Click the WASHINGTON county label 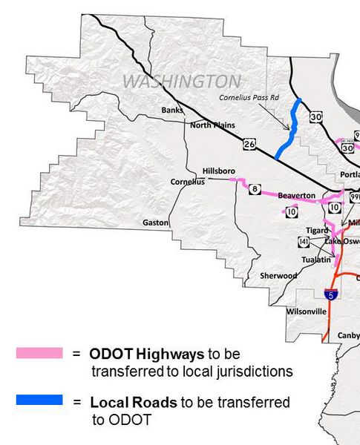[181, 81]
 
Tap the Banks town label [171, 111]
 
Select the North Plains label [212, 125]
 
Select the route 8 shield [255, 190]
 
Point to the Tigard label [317, 231]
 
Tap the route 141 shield [304, 242]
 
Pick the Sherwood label [278, 276]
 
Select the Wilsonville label [306, 311]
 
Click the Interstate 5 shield [335, 294]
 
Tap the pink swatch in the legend [39, 354]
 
